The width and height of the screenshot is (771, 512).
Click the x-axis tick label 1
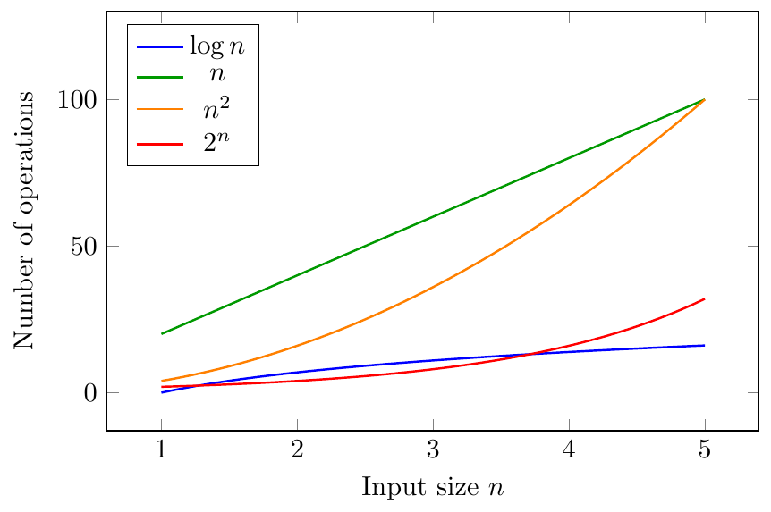[x=161, y=449]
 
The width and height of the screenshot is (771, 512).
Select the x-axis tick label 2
[x=297, y=449]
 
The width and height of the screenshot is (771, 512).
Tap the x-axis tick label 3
[x=433, y=449]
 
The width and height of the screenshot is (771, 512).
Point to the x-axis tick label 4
[x=569, y=449]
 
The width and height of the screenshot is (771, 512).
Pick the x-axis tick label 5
[x=705, y=449]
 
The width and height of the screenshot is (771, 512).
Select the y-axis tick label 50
[x=84, y=246]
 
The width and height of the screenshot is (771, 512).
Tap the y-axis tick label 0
[x=90, y=392]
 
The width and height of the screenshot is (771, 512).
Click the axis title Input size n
[x=433, y=487]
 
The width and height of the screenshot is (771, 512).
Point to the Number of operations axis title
[x=23, y=221]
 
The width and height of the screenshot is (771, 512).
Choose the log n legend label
[x=216, y=46]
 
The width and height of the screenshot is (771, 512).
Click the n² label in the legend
[x=216, y=109]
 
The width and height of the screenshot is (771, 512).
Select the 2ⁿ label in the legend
[x=216, y=142]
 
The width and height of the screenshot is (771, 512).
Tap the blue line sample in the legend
[x=160, y=46]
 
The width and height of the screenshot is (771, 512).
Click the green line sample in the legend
[x=160, y=77]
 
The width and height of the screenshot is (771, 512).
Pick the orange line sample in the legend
[x=160, y=109]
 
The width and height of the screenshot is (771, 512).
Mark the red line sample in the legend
[x=160, y=144]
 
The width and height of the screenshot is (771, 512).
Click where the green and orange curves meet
[x=705, y=100]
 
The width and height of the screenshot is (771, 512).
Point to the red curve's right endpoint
[x=705, y=298]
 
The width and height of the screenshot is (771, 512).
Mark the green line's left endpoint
[x=161, y=334]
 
